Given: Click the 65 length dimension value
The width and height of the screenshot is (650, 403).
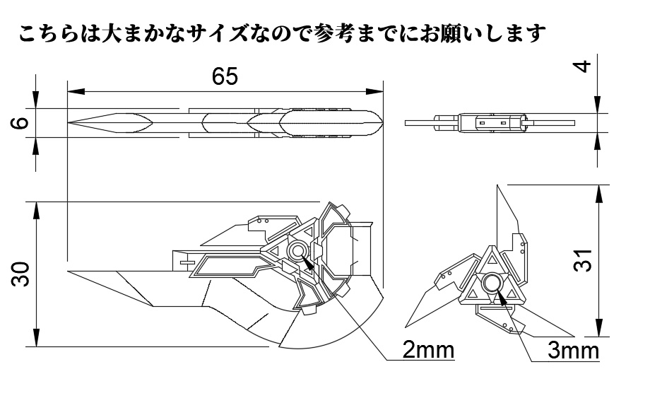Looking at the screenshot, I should (225, 76).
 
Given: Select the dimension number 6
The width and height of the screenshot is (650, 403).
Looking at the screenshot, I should (22, 122).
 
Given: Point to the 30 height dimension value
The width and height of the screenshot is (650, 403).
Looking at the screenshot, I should (22, 274).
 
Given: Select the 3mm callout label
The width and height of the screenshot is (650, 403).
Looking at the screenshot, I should (573, 350).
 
